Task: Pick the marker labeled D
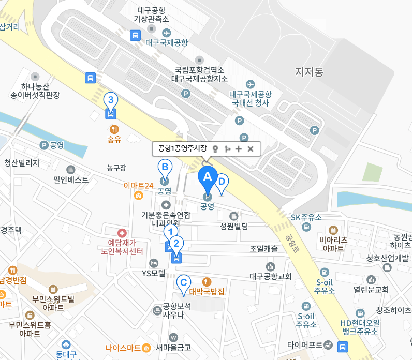point(222,182)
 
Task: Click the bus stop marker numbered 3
point(110,100)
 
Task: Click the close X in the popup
point(251,149)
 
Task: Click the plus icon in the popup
point(239,149)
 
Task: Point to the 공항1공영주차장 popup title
point(182,148)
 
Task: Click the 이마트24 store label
point(138,185)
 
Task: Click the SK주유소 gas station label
point(306,217)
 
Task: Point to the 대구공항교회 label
point(271,276)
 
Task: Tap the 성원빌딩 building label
point(234,226)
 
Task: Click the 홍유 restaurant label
point(114,139)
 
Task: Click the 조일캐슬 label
point(263,249)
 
